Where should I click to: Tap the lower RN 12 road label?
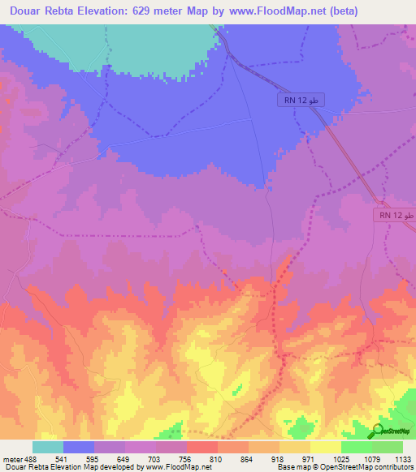(x=396, y=216)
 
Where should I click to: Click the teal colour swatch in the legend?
(x=48, y=447)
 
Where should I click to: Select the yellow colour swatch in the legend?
(x=326, y=447)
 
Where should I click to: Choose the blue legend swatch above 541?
(x=79, y=447)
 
